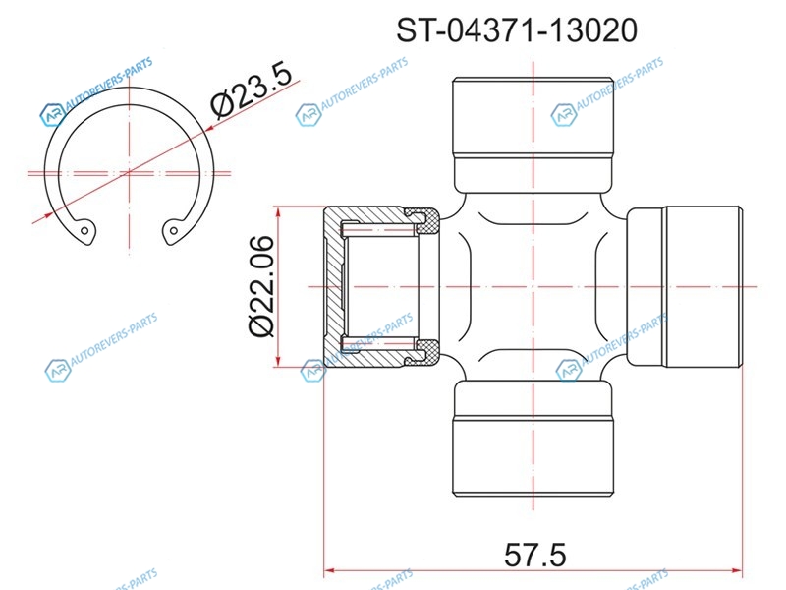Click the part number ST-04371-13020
click(x=517, y=30)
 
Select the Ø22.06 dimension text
click(x=261, y=286)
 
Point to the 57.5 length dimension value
click(x=534, y=555)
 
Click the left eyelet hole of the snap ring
click(x=84, y=231)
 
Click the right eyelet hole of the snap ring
click(x=174, y=231)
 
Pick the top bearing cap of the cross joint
click(x=533, y=136)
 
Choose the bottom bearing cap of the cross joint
click(x=533, y=437)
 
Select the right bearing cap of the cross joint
click(x=685, y=286)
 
